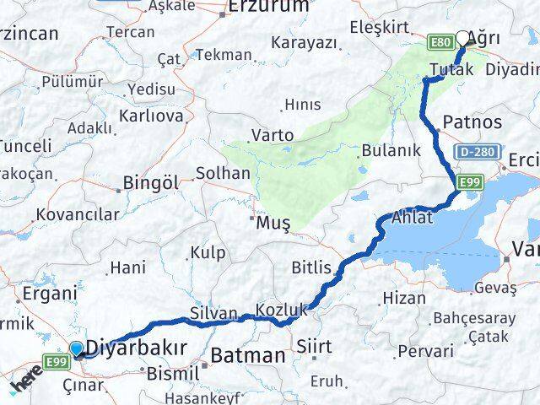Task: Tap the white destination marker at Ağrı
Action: point(462,38)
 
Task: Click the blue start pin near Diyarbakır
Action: point(77,348)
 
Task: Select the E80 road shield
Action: point(440,41)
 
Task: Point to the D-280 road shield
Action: point(474,153)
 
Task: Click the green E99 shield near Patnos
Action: point(470,182)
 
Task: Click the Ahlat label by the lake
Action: point(412,219)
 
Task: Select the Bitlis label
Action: point(311,268)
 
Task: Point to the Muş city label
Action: point(274,224)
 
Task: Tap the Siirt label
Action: point(313,346)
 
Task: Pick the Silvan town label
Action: point(214,313)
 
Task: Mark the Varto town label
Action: point(273,135)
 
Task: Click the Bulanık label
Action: point(391,151)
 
